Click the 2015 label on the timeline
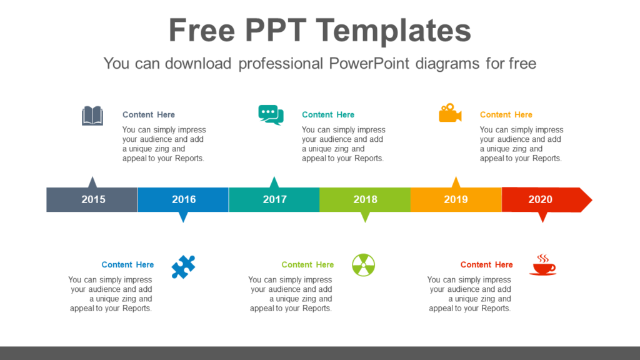click(x=93, y=199)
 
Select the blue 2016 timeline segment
click(x=183, y=199)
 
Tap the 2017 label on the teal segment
click(x=274, y=199)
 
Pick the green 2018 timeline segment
click(x=365, y=199)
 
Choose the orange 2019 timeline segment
click(x=456, y=199)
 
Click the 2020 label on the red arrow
click(x=540, y=199)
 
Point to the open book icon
click(x=92, y=116)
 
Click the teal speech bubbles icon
click(x=271, y=115)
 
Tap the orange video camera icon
click(x=449, y=114)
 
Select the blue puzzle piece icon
click(x=183, y=267)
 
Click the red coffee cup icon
click(x=542, y=265)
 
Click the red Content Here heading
click(x=486, y=265)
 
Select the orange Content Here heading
click(x=506, y=115)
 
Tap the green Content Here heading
click(x=307, y=265)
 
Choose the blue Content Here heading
click(x=127, y=265)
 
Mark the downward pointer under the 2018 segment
click(x=365, y=217)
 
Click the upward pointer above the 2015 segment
click(x=92, y=182)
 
